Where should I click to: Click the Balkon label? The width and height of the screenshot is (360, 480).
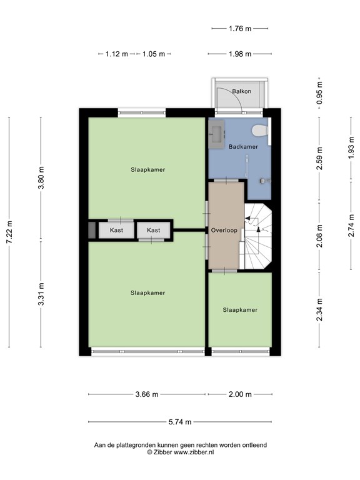coord(241,91)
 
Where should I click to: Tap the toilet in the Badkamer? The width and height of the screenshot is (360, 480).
coord(258,130)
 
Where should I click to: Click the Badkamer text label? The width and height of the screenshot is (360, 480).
coord(242,147)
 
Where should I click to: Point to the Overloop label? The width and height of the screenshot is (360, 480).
coord(224,229)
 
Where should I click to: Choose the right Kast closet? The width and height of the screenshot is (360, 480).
coord(154,230)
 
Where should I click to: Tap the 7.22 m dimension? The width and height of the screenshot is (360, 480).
coord(9,232)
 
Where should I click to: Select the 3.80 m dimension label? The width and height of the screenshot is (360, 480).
coord(41,177)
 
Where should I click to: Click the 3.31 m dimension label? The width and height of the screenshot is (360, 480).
coord(41,294)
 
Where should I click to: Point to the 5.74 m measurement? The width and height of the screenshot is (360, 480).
coord(179,422)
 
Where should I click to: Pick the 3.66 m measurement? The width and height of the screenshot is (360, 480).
coord(147,394)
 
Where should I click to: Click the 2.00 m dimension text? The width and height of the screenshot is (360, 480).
coord(240,394)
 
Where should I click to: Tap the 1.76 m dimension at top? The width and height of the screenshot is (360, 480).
coord(240,28)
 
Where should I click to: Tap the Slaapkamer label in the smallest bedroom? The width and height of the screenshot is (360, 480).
coord(240,309)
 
